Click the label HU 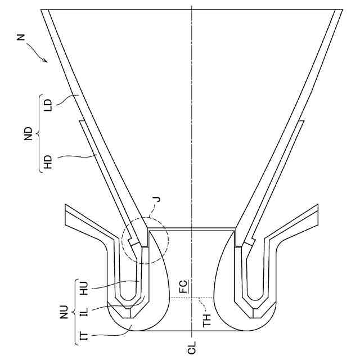pos(85,289)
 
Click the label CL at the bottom pos(192,349)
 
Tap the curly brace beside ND pos(38,134)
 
